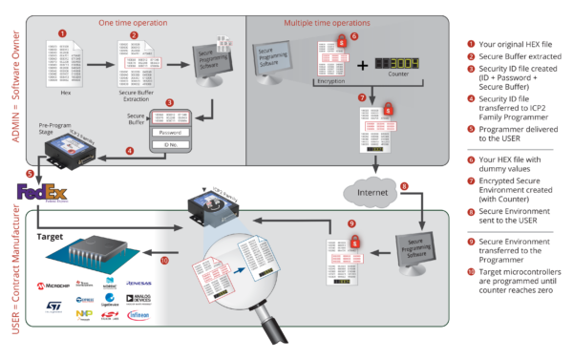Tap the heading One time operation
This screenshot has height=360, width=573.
[130, 21]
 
